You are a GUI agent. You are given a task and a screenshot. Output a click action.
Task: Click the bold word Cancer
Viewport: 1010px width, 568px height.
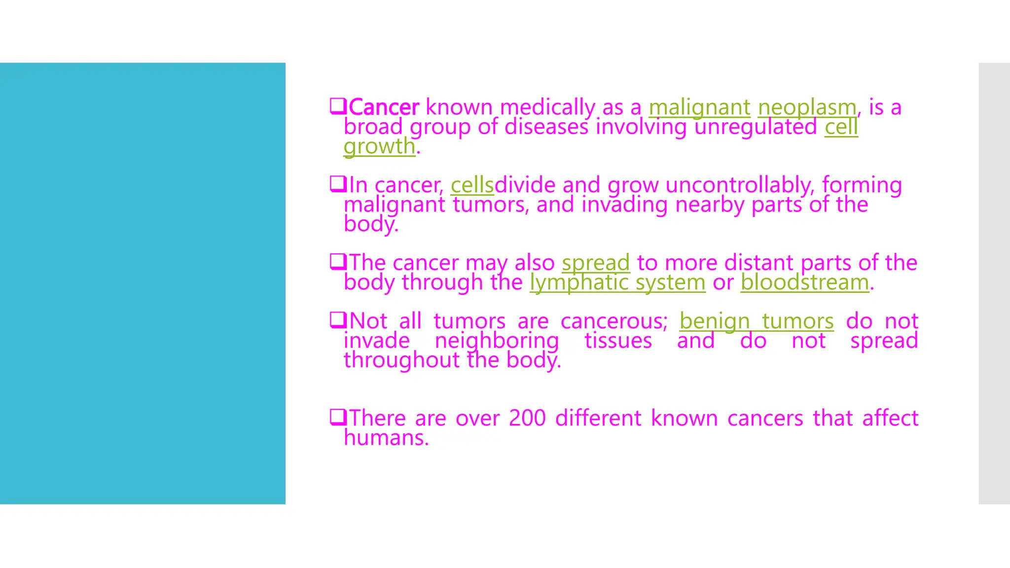click(x=384, y=107)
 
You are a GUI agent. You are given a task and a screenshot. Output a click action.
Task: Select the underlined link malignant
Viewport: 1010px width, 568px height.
click(x=699, y=107)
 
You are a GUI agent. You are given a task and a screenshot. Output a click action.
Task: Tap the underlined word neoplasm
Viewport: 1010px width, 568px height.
click(x=807, y=107)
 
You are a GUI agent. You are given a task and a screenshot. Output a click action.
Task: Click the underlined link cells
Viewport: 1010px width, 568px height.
click(x=472, y=185)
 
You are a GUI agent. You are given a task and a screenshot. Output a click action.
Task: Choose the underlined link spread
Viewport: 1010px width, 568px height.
click(x=596, y=263)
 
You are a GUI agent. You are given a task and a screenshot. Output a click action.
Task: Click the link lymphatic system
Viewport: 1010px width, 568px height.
click(x=617, y=283)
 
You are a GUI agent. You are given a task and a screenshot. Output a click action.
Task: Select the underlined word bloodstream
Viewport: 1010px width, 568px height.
click(x=804, y=283)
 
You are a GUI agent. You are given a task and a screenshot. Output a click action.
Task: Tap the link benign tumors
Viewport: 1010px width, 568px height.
click(x=757, y=321)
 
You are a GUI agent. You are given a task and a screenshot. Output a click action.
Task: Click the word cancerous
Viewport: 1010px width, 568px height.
click(x=613, y=321)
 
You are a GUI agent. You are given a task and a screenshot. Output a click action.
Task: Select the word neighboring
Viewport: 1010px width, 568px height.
click(x=497, y=341)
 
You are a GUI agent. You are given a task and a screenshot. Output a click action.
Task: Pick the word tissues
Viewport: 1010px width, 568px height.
click(x=618, y=341)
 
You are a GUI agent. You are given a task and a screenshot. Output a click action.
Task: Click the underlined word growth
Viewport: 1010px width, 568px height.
click(x=379, y=146)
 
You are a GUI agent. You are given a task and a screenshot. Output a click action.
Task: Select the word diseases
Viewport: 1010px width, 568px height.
click(x=546, y=127)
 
